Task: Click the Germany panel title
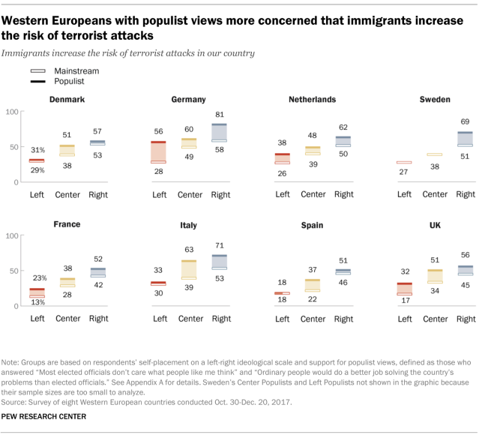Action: click(188, 99)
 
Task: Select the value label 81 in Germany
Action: click(219, 115)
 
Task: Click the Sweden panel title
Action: click(435, 99)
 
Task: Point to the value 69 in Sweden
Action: click(466, 121)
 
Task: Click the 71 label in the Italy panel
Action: click(219, 245)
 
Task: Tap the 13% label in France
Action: click(37, 302)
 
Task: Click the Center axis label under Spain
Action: click(312, 319)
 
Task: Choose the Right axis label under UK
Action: click(466, 319)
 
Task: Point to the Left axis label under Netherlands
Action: click(282, 195)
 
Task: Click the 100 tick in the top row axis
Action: click(11, 112)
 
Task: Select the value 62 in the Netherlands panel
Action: click(343, 127)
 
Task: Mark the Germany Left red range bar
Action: click(158, 151)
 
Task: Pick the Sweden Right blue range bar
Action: click(466, 138)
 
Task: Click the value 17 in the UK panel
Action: click(404, 301)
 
